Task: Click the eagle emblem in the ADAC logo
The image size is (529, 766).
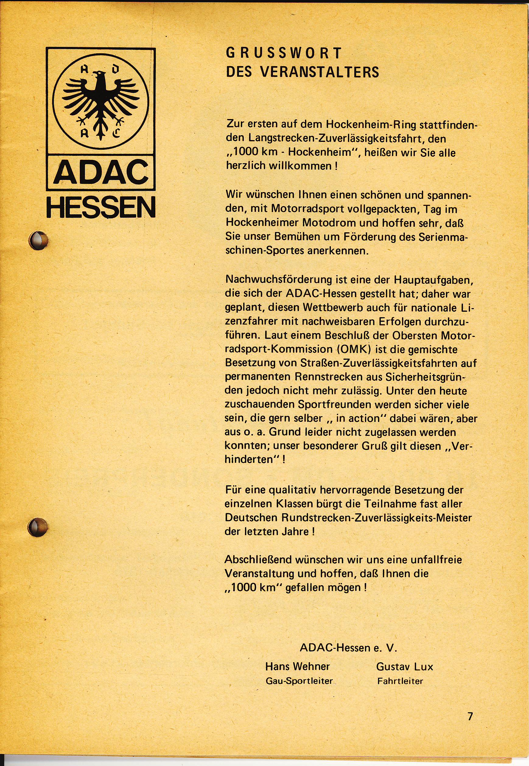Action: [x=100, y=102]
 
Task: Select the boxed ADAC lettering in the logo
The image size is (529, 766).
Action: [x=101, y=173]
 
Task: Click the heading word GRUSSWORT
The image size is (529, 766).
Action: [x=283, y=53]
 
